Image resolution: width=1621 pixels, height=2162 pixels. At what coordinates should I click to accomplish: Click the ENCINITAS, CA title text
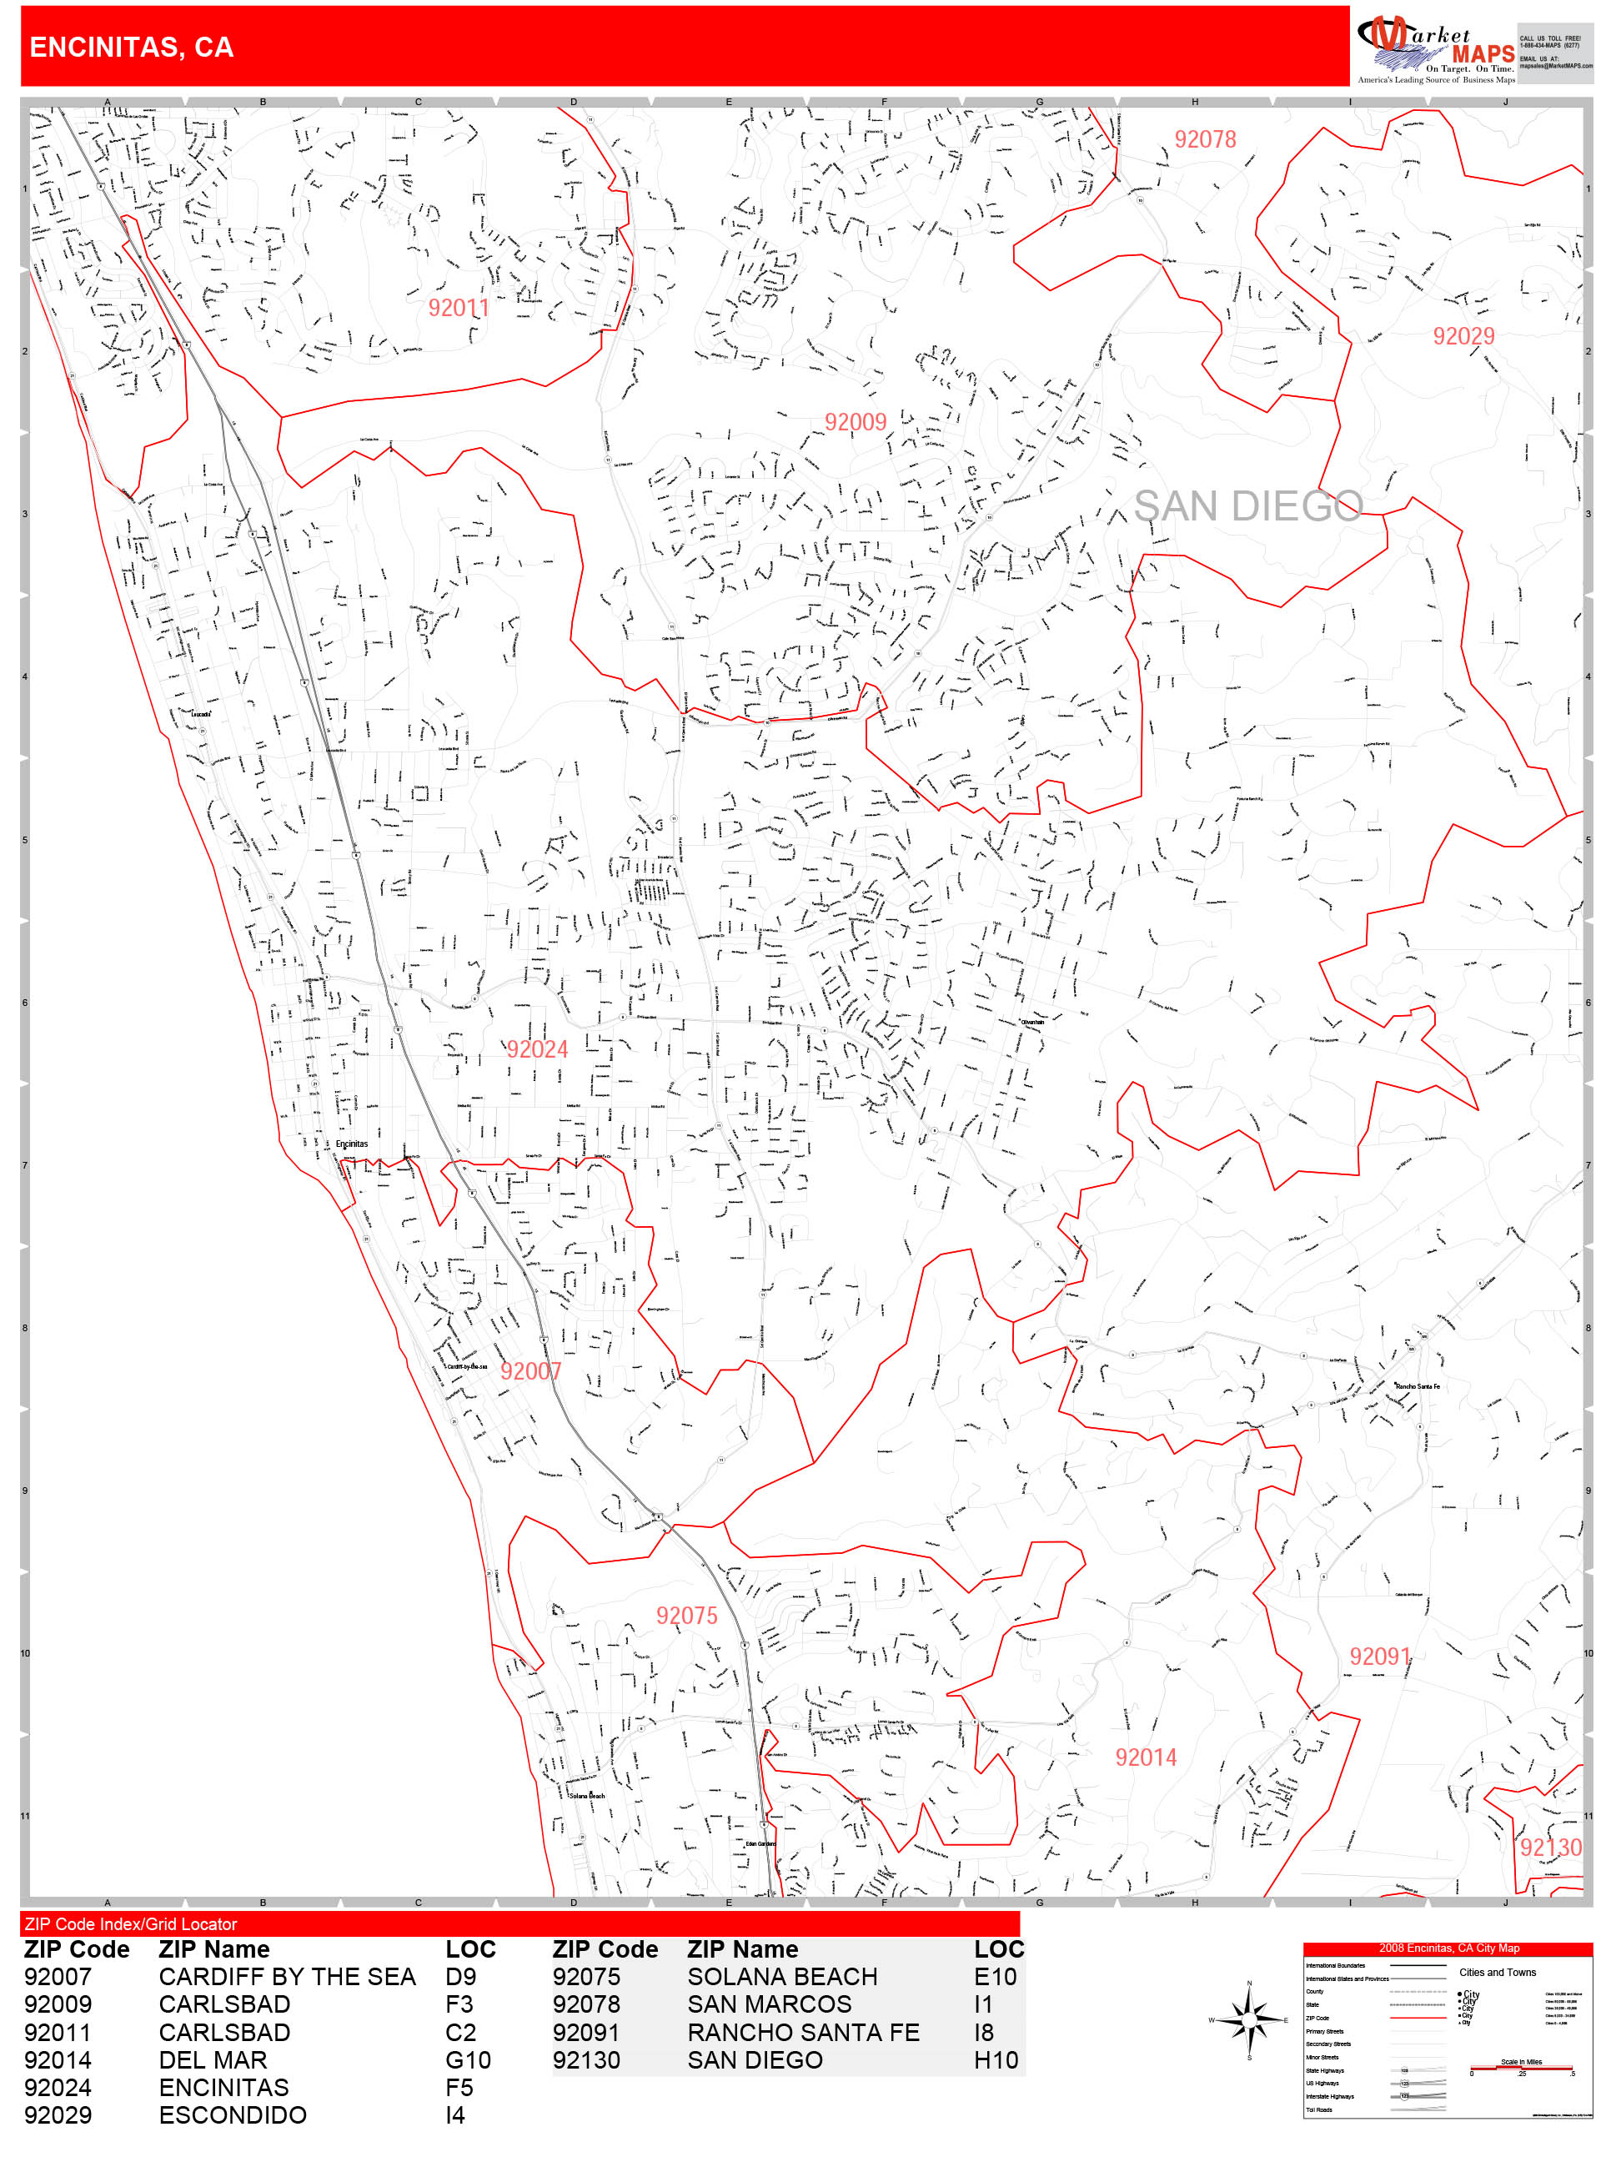click(x=131, y=48)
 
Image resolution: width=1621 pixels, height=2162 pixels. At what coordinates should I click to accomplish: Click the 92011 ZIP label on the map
click(x=459, y=309)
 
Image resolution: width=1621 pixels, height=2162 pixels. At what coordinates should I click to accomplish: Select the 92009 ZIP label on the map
click(x=855, y=422)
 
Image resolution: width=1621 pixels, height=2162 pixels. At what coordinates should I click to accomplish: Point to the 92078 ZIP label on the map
click(x=1205, y=140)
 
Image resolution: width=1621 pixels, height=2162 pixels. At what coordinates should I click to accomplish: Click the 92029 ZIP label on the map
click(x=1463, y=336)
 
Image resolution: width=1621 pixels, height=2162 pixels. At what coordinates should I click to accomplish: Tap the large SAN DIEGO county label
click(x=1247, y=506)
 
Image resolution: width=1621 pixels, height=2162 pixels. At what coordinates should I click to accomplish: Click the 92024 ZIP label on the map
click(x=536, y=1050)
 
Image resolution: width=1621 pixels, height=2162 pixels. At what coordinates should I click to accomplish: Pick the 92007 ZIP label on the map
click(x=530, y=1371)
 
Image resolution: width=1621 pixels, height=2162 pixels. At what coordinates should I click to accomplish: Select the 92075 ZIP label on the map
click(x=686, y=1616)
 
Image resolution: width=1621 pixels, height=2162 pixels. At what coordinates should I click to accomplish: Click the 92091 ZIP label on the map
click(x=1380, y=1657)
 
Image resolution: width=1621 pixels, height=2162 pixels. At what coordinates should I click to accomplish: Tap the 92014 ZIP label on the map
click(x=1145, y=1757)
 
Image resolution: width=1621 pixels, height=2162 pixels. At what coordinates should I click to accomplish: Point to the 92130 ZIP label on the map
click(x=1549, y=1848)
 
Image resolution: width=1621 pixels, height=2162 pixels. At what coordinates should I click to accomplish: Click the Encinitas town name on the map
click(x=352, y=1144)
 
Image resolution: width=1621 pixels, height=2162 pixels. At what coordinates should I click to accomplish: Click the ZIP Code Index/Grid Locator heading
click(x=131, y=1923)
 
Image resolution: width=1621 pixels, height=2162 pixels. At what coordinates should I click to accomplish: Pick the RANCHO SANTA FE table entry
click(x=803, y=2032)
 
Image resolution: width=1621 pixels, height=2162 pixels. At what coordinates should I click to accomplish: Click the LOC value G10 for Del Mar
click(x=468, y=2059)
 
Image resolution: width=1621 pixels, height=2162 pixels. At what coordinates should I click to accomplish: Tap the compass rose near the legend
click(x=1250, y=2019)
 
